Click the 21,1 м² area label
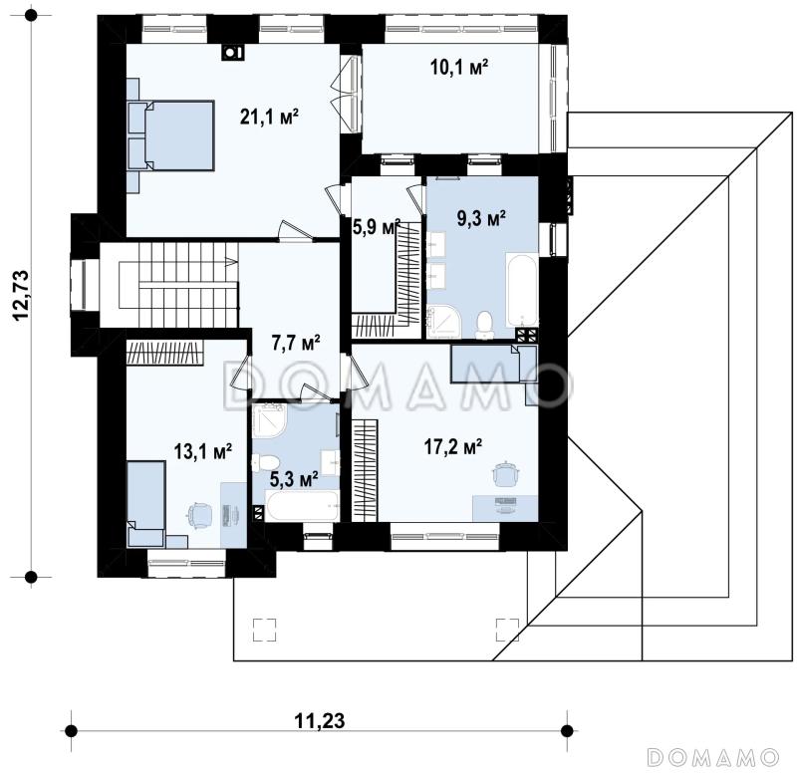click(x=269, y=118)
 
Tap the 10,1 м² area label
click(x=459, y=67)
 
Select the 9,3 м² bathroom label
click(x=481, y=219)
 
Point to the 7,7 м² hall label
click(x=295, y=343)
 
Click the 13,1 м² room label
click(x=203, y=451)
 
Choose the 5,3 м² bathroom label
click(x=294, y=479)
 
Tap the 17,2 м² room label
click(x=453, y=447)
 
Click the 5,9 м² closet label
click(x=377, y=227)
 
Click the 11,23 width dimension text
click(x=319, y=720)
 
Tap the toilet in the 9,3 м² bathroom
click(x=484, y=326)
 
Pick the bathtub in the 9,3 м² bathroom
click(x=521, y=290)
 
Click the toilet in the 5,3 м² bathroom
click(x=265, y=462)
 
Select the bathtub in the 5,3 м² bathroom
click(x=303, y=506)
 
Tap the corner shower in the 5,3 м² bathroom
click(x=269, y=419)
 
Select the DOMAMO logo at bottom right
click(x=713, y=757)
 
